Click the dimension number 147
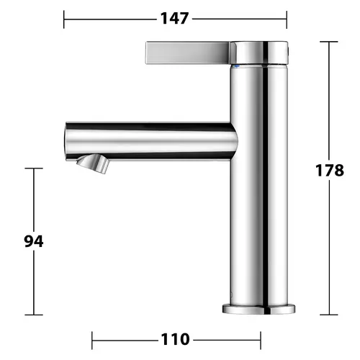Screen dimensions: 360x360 174,19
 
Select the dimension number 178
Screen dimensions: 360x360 330,171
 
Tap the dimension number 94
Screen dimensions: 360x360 34,241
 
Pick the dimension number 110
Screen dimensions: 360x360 175,339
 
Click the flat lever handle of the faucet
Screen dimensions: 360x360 187,53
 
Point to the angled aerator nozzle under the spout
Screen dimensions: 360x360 93,163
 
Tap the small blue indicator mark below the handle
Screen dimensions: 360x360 237,66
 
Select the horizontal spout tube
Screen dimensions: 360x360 151,141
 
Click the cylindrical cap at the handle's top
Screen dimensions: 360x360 259,53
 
